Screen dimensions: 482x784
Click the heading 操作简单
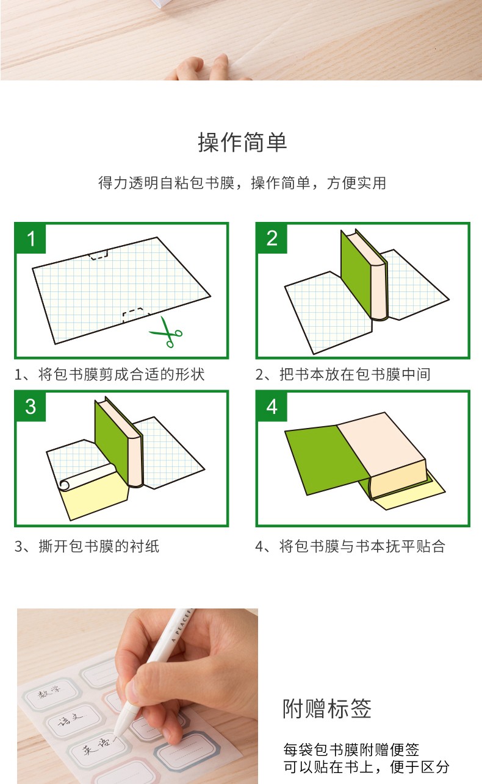click(242, 143)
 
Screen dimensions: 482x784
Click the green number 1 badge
click(31, 238)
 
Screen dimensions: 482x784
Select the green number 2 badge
click(272, 238)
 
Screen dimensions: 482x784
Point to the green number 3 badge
click(31, 407)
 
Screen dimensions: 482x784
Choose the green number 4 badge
click(272, 407)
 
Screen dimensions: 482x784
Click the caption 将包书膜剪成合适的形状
click(121, 374)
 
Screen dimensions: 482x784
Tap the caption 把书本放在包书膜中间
click(355, 374)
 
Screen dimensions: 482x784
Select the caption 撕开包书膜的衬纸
click(99, 546)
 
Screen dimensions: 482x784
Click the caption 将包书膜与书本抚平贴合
click(362, 546)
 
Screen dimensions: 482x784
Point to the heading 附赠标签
click(327, 708)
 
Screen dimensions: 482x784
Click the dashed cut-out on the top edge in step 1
click(98, 254)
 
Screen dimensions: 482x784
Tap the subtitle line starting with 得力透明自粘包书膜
click(242, 183)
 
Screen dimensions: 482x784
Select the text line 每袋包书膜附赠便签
click(351, 749)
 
